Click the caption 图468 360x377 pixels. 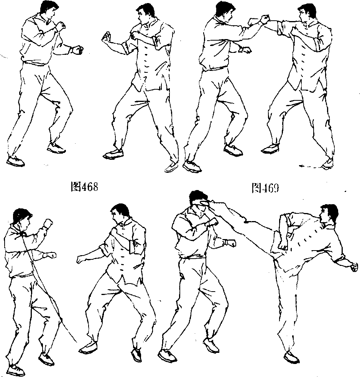(x=84, y=187)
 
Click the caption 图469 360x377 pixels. (x=265, y=188)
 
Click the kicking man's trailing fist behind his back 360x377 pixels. (x=354, y=267)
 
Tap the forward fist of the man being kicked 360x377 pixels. (x=230, y=243)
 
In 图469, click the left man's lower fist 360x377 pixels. (x=245, y=50)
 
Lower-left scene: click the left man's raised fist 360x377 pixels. (x=48, y=223)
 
